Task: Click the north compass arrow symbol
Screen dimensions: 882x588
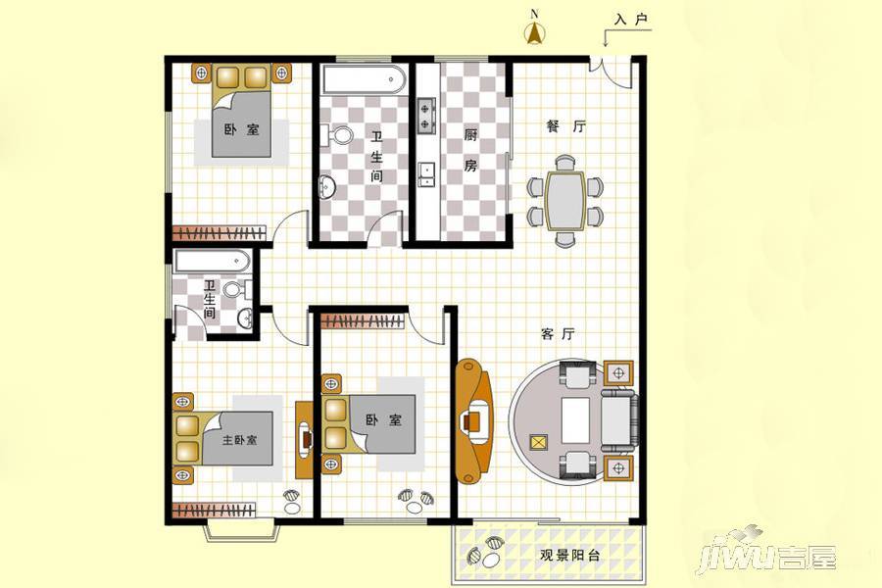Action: (534, 33)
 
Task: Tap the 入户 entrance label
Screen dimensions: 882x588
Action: (631, 20)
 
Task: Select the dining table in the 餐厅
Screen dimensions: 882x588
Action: (564, 201)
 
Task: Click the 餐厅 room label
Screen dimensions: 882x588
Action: (565, 126)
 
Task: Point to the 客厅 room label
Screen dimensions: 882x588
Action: (558, 333)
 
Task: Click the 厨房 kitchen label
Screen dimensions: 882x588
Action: (470, 150)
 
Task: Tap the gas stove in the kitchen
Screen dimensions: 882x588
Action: (426, 116)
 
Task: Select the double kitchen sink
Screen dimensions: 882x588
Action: (426, 173)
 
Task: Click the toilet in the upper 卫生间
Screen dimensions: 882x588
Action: (337, 135)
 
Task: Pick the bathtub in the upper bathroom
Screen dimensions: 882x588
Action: (364, 80)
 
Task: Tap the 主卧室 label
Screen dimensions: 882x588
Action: (240, 439)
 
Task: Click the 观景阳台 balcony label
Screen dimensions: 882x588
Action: (569, 556)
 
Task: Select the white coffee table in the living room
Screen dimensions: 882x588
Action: (575, 420)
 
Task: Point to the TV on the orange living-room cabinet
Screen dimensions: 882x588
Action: (473, 420)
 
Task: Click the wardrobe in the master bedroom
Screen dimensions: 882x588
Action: (215, 511)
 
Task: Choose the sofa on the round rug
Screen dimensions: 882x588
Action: (620, 419)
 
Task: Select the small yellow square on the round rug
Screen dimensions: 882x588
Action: (538, 442)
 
